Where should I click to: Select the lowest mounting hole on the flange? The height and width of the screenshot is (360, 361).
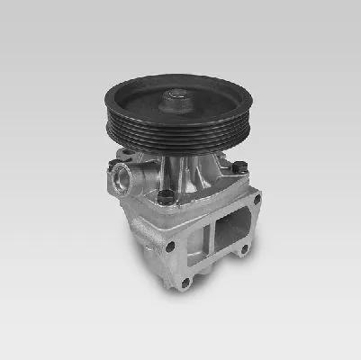pos(185,283)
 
